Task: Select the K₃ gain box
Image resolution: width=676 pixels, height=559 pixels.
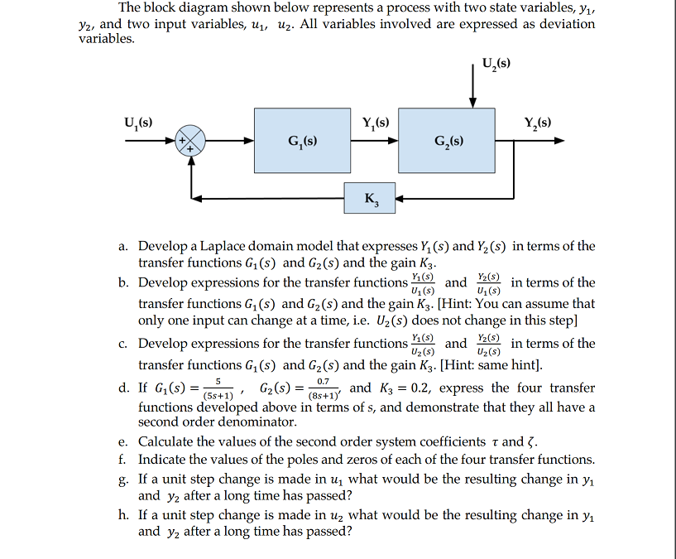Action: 368,198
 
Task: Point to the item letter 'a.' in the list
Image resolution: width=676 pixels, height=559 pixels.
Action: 122,247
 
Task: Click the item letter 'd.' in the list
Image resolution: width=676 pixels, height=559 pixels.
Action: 122,388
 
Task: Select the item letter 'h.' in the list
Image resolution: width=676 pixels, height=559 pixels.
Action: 122,515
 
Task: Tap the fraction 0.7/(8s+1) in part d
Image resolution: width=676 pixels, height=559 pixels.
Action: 323,388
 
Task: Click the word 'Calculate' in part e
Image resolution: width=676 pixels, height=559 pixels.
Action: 168,441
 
